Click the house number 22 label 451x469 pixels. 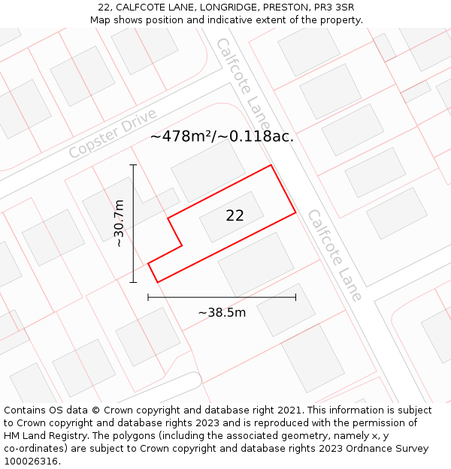pyautogui.click(x=235, y=215)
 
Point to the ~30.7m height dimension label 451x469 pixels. pyautogui.click(x=119, y=223)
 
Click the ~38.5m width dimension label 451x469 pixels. pyautogui.click(x=222, y=312)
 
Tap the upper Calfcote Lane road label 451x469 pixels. pyautogui.click(x=243, y=82)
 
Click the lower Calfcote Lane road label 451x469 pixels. pyautogui.click(x=334, y=254)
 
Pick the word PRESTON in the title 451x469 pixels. pyautogui.click(x=284, y=8)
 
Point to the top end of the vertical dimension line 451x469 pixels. pyautogui.click(x=133, y=164)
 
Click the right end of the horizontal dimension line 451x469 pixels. pyautogui.click(x=295, y=297)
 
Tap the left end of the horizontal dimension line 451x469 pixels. pyautogui.click(x=148, y=297)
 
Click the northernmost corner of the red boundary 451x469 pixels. pyautogui.click(x=271, y=165)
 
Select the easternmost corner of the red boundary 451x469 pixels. pyautogui.click(x=295, y=212)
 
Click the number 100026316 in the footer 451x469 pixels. pyautogui.click(x=31, y=461)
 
